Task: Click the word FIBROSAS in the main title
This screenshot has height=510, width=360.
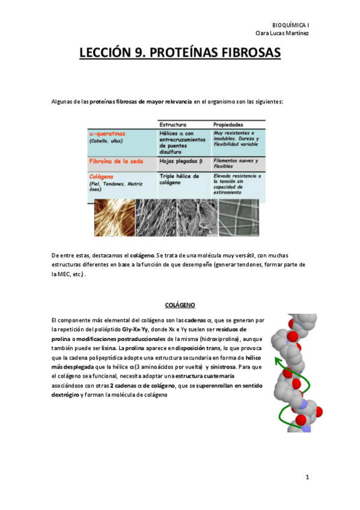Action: click(x=246, y=54)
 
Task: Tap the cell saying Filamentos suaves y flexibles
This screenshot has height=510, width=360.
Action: click(x=236, y=164)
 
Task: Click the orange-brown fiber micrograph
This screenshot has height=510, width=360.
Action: click(x=114, y=218)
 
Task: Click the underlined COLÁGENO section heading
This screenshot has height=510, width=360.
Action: click(x=180, y=305)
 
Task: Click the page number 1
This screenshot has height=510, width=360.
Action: click(x=307, y=478)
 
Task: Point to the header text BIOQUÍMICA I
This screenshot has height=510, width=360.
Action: click(x=290, y=24)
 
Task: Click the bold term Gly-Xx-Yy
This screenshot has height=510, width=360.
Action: click(x=135, y=330)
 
